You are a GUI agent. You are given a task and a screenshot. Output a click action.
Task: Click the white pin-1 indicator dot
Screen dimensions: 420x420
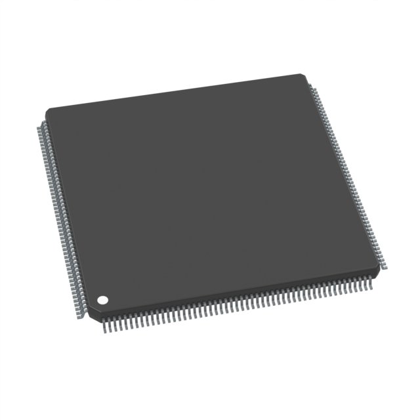(x=103, y=300)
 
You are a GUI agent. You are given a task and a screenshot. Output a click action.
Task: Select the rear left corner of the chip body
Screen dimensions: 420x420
(x=46, y=109)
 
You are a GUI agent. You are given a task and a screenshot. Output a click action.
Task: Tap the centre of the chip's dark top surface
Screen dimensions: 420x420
(x=210, y=190)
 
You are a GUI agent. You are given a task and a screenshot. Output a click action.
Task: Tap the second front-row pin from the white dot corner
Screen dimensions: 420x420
(x=112, y=322)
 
